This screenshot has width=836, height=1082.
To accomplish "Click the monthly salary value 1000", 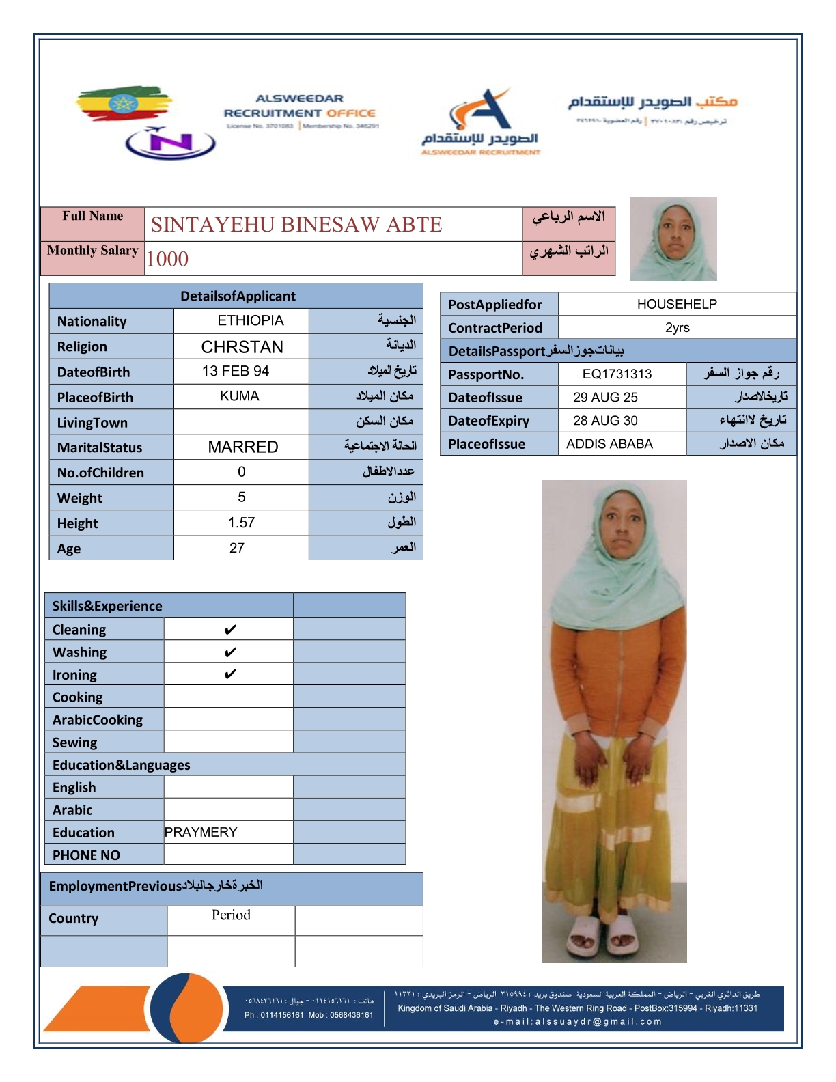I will [x=167, y=259].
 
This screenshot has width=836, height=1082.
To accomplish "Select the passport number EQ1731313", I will [x=617, y=374].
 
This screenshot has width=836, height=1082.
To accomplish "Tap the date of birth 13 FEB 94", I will [x=236, y=371].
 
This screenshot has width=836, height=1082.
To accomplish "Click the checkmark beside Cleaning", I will [x=230, y=629].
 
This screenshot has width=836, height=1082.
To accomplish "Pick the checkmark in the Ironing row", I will [x=230, y=674].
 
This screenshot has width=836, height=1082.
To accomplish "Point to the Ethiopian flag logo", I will [x=123, y=104].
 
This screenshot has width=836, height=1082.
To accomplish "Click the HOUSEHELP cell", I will [x=676, y=304].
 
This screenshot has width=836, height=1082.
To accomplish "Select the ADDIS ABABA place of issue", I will [x=609, y=444].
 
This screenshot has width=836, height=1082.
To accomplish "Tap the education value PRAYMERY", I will [x=201, y=832].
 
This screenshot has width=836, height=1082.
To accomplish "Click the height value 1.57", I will [x=241, y=523].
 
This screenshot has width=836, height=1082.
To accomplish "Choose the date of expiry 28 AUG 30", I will [x=605, y=420].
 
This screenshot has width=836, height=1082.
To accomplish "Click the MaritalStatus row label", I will [x=100, y=447].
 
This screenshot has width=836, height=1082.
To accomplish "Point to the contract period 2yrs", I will [x=677, y=327].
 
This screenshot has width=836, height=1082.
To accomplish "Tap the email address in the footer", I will [x=578, y=1022].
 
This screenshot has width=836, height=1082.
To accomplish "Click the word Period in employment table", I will [x=231, y=915].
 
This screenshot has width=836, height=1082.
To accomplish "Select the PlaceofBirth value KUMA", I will [x=239, y=396].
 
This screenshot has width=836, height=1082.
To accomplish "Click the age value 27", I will [x=237, y=548].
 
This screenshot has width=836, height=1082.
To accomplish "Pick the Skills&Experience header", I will [x=107, y=606].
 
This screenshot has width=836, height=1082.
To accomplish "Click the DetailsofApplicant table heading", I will [x=238, y=296].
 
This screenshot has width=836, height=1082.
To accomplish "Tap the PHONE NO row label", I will [x=86, y=855].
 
